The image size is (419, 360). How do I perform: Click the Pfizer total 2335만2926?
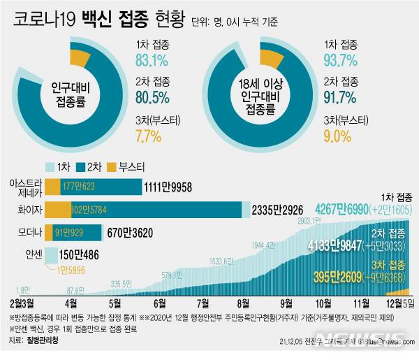tap(279, 210)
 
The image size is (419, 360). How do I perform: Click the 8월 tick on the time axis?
tap(243, 303)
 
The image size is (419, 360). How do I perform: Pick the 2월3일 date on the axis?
tap(22, 303)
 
